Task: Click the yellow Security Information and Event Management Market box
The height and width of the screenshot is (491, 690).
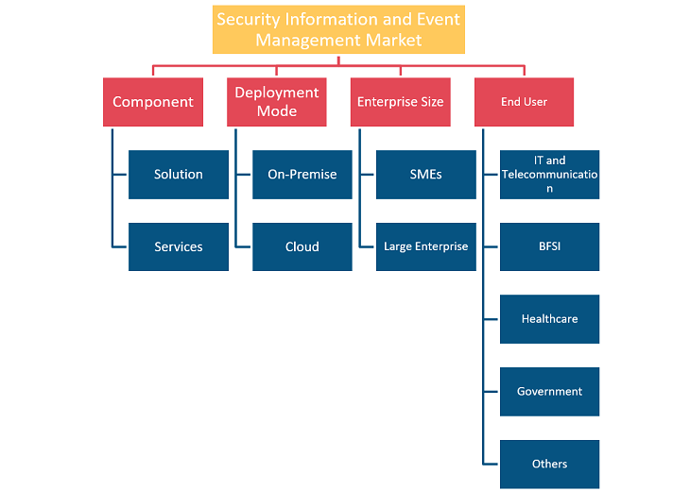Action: point(338,29)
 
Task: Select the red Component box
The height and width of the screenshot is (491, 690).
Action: point(153,102)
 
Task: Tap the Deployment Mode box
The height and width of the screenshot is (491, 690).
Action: point(277,102)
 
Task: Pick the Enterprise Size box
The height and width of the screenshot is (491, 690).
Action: point(401,102)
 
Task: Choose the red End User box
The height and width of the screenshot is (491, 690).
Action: point(524,102)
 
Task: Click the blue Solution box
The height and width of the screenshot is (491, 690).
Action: point(179,175)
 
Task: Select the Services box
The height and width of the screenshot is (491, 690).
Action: point(179,246)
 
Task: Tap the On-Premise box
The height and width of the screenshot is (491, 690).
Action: point(302,175)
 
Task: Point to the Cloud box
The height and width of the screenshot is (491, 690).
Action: point(302,246)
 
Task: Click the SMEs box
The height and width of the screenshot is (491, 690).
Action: point(426,175)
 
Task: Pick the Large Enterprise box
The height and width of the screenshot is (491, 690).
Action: point(426,246)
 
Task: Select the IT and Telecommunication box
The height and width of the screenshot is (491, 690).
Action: point(549,175)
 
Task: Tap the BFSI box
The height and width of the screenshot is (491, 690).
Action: point(549,246)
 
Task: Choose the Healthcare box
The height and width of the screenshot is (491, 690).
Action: point(549,319)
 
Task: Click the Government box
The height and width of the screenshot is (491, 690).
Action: point(549,392)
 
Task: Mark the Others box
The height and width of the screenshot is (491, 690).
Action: point(549,465)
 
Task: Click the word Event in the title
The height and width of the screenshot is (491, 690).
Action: point(439,19)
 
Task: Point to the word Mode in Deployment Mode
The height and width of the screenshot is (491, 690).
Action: point(277,111)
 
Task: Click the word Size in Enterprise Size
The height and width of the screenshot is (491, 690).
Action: point(432,102)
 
